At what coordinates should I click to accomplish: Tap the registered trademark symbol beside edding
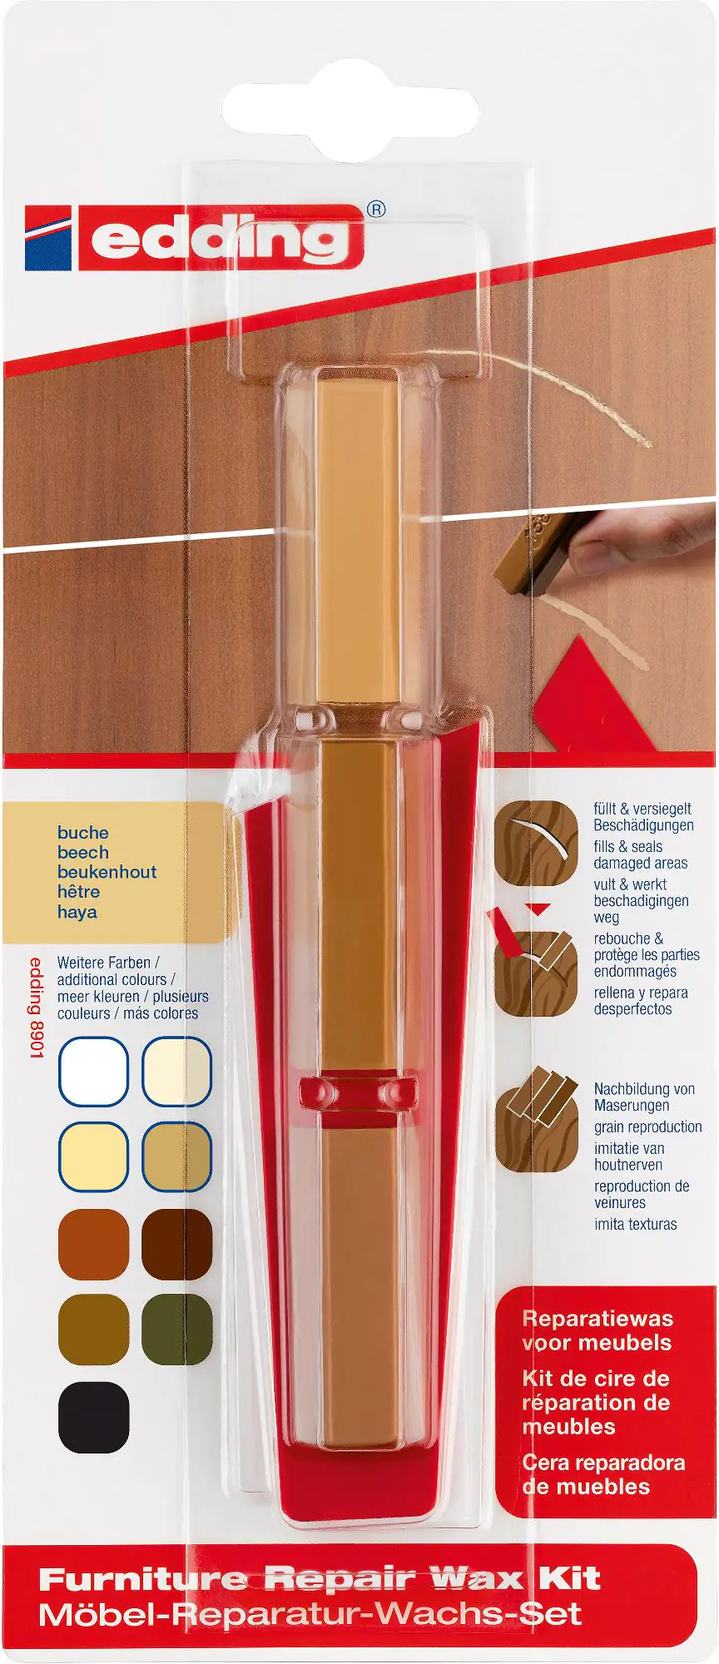click(x=376, y=209)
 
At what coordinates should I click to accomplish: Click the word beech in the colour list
click(x=83, y=852)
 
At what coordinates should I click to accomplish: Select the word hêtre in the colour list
click(x=79, y=891)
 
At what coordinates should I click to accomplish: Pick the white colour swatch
click(x=93, y=1072)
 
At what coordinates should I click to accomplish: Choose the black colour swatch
click(x=93, y=1417)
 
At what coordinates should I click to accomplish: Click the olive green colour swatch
click(x=177, y=1329)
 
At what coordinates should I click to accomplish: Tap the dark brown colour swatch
click(x=177, y=1244)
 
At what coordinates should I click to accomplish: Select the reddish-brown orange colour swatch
click(x=93, y=1244)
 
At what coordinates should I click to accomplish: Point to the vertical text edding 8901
click(x=37, y=1008)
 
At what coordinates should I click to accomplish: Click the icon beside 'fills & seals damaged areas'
click(x=536, y=844)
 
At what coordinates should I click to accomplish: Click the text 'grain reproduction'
click(x=648, y=1127)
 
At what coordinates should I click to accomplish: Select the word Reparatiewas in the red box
click(x=598, y=1318)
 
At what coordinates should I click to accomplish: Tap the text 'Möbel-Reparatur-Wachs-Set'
click(x=310, y=1615)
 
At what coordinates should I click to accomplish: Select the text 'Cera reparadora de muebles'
click(x=603, y=1474)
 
